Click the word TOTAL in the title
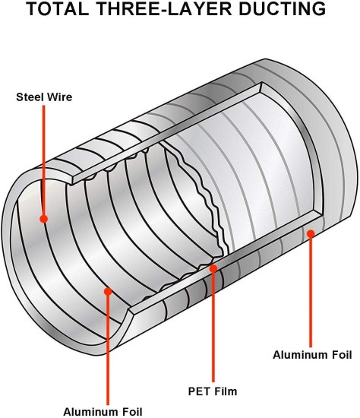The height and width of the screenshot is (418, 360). [58, 8]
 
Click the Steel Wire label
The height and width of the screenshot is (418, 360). [44, 97]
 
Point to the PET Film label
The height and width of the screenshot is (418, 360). [213, 391]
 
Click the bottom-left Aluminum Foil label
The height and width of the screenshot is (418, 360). [103, 412]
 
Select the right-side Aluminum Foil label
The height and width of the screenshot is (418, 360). [312, 355]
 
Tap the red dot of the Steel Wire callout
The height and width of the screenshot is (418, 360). [44, 219]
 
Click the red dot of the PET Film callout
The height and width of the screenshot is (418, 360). [213, 268]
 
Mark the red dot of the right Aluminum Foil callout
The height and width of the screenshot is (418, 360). [311, 234]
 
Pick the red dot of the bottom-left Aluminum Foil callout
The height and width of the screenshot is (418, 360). [108, 291]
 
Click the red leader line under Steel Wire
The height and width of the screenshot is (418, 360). [44, 160]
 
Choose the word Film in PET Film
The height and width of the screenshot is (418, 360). [225, 391]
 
